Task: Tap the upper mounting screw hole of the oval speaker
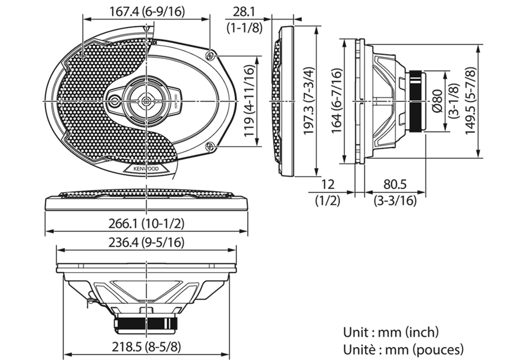pyautogui.click(x=211, y=55)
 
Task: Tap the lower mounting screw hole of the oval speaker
pyautogui.click(x=211, y=147)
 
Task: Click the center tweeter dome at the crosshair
pyautogui.click(x=147, y=101)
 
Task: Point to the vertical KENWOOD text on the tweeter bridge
pyautogui.click(x=176, y=101)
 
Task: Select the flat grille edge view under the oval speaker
pyautogui.click(x=146, y=201)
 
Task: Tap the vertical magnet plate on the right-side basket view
pyautogui.click(x=423, y=101)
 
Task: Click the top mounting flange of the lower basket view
pyautogui.click(x=146, y=268)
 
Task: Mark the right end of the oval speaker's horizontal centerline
pyautogui.click(x=241, y=101)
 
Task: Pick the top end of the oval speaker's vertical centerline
pyautogui.click(x=147, y=23)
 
